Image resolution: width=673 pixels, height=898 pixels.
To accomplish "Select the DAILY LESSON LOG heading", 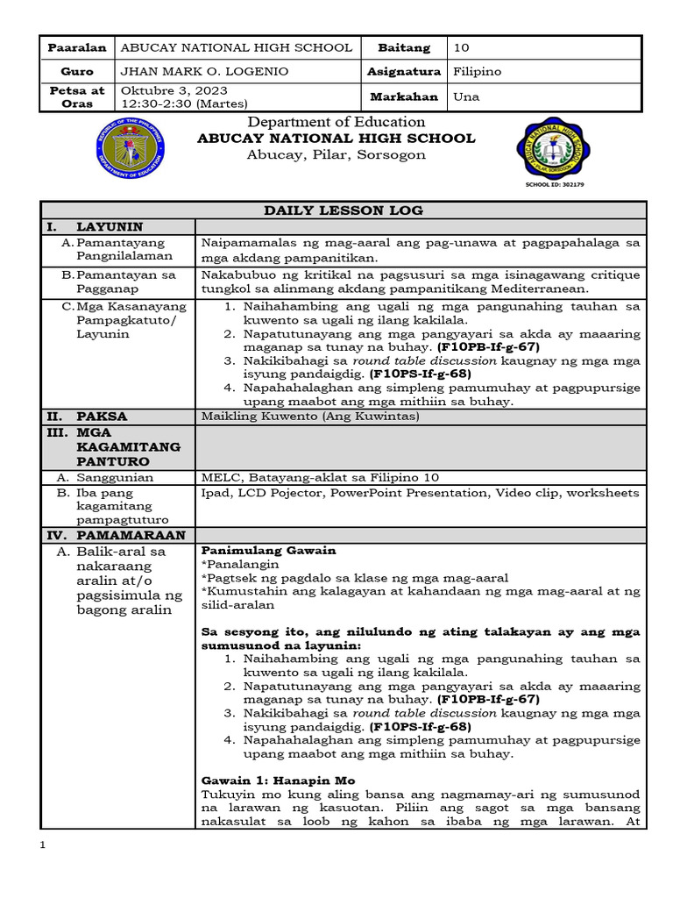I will tap(344, 210).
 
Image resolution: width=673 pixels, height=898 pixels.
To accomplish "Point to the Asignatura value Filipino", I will tap(478, 72).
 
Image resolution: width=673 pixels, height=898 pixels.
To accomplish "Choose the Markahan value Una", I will tap(466, 96).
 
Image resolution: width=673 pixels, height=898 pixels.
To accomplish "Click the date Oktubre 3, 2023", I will tap(174, 90).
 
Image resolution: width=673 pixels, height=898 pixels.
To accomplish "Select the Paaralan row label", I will tap(77, 47).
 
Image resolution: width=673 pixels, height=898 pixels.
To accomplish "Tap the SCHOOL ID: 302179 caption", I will tap(554, 185).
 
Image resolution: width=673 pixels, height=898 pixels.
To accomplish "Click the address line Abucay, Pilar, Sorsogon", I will tap(336, 155).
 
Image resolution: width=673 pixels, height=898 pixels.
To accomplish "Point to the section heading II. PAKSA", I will tap(87, 416).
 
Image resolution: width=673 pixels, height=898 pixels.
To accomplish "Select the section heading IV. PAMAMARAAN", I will tap(116, 534).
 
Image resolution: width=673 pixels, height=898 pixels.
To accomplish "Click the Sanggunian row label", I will tap(114, 478).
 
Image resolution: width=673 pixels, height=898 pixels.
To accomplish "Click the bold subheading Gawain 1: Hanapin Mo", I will tap(278, 780).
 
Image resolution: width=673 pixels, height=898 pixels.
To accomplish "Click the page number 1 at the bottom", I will tap(44, 845).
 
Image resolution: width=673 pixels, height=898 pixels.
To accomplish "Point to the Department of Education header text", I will tap(336, 122).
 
